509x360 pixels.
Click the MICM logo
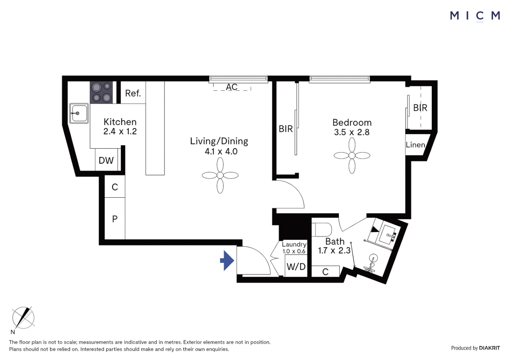pyautogui.click(x=475, y=16)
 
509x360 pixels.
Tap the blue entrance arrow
pyautogui.click(x=228, y=260)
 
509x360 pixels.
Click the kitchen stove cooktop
pyautogui.click(x=101, y=92)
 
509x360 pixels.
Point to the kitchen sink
pyautogui.click(x=79, y=113)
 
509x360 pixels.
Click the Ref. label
pyautogui.click(x=133, y=93)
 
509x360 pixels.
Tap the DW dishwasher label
pyautogui.click(x=106, y=161)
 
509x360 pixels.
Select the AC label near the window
pyautogui.click(x=232, y=87)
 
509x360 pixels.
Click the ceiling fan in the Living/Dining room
pyautogui.click(x=220, y=175)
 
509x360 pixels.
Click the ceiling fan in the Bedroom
pyautogui.click(x=352, y=156)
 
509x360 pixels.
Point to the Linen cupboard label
pyautogui.click(x=415, y=145)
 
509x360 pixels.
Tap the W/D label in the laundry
pyautogui.click(x=296, y=267)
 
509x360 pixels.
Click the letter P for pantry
pyautogui.click(x=115, y=219)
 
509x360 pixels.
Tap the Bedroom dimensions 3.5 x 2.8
pyautogui.click(x=352, y=132)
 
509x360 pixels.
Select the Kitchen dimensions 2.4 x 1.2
pyautogui.click(x=120, y=131)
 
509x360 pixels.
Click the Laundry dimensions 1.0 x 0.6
pyautogui.click(x=294, y=251)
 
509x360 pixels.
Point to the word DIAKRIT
pyautogui.click(x=489, y=348)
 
